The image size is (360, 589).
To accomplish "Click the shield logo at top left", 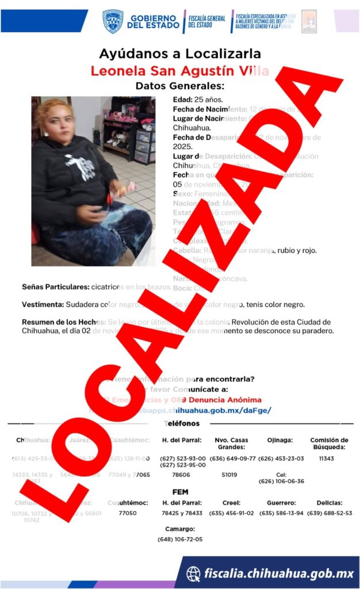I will pos(112,21).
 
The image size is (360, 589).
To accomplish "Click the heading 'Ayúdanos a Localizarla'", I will pos(179,54).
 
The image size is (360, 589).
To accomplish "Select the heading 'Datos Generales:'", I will pos(179,86).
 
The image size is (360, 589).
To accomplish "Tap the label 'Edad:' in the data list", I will pos(183,100).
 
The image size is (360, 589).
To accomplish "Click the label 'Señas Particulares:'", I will pos(55,286).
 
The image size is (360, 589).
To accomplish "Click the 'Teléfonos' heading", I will pos(182,423).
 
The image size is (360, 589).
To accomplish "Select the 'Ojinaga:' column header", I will pos(279,440).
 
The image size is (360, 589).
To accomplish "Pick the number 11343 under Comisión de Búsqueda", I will pos(326,458).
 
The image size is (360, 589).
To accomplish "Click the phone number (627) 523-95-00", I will pos(182,465).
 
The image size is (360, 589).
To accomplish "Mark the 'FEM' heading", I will pos(180,492).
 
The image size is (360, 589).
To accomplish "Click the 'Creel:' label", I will pos(232,502).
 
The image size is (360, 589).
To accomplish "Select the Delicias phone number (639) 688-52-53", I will pos(330,513).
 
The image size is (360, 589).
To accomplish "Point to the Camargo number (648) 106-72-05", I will pos(180,540).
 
